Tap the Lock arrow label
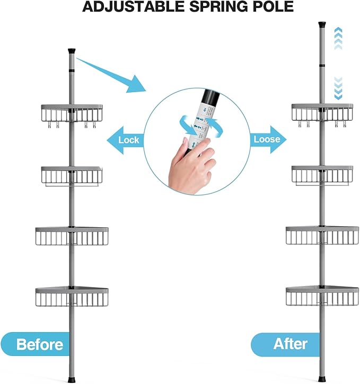[127, 140]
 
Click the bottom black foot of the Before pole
[72, 379]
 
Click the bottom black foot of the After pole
[322, 379]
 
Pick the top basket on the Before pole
[72, 113]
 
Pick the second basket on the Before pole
[72, 175]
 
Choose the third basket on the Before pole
[72, 236]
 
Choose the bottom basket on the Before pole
[72, 297]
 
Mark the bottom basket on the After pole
[322, 297]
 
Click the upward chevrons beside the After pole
[338, 38]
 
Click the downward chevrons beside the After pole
[338, 87]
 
